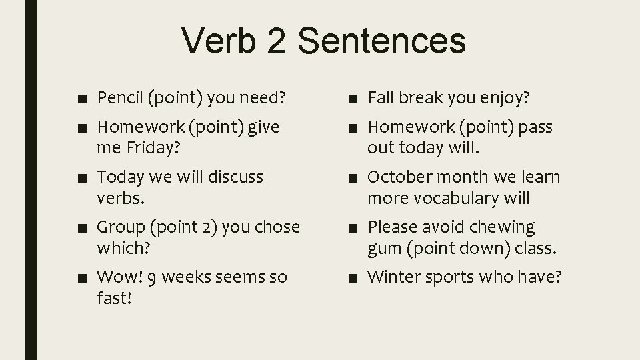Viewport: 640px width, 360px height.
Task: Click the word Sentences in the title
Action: tap(382, 40)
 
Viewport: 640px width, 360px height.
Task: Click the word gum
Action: tap(382, 249)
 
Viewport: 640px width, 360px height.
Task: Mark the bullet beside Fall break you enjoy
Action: tap(351, 99)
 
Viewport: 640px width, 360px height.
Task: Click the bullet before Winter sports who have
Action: tap(351, 277)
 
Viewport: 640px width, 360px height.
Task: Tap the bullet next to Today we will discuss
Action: tap(81, 178)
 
